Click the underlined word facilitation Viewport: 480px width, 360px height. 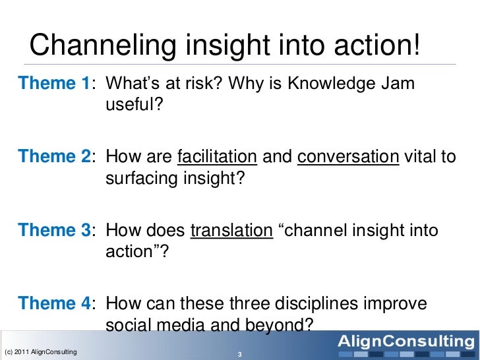218,157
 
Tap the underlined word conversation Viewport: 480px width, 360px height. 349,157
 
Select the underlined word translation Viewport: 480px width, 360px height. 231,231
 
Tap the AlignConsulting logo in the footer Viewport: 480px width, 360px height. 405,342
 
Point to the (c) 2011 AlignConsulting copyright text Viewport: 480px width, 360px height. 40,351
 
